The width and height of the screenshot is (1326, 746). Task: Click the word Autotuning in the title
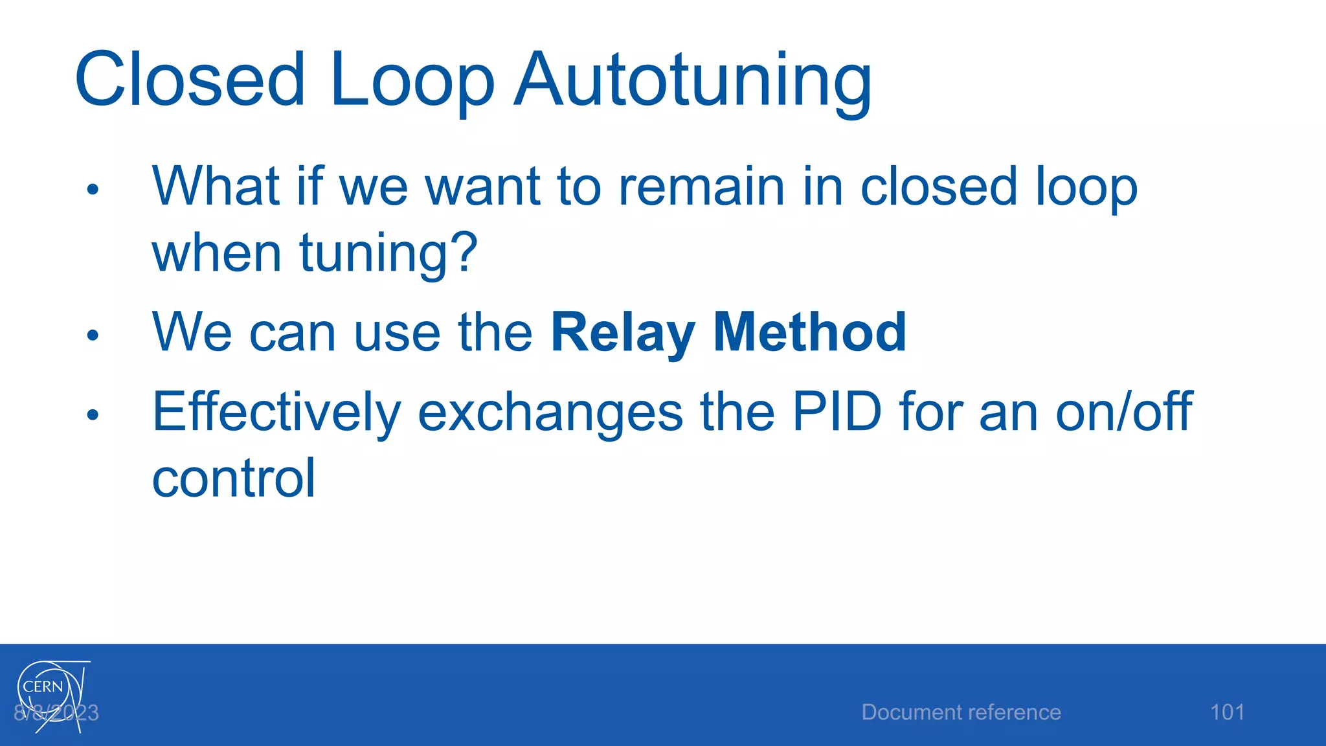tap(693, 80)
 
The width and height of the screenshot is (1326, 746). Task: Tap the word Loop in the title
tap(412, 80)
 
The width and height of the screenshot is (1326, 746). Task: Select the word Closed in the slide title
tap(190, 80)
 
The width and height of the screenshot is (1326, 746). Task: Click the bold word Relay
tap(622, 332)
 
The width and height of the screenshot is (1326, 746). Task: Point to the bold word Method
tap(809, 332)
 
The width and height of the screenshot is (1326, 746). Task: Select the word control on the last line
tap(234, 479)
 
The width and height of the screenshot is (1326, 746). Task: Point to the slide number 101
tap(1227, 712)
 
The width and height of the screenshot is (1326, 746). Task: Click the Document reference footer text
tap(961, 712)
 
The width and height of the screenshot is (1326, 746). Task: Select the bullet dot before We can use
tap(93, 335)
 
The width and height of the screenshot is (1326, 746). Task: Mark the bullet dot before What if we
tap(93, 189)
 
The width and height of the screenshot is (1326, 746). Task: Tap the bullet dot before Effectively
tap(93, 414)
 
